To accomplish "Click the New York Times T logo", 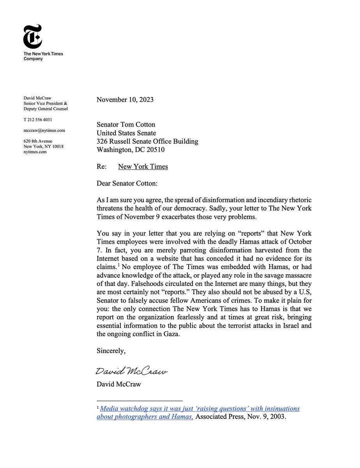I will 32,36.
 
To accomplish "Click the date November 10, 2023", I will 125,99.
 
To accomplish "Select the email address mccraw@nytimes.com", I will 44,130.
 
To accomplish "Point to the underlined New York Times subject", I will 143,167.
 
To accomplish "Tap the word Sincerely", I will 111,351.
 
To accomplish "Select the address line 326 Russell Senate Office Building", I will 147,141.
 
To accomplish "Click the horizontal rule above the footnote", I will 139,401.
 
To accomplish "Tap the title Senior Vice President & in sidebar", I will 45,103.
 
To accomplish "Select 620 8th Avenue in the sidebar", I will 38,141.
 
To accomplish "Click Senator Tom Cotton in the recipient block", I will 126,125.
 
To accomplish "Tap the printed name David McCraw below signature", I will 118,384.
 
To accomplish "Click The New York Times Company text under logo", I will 43,56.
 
